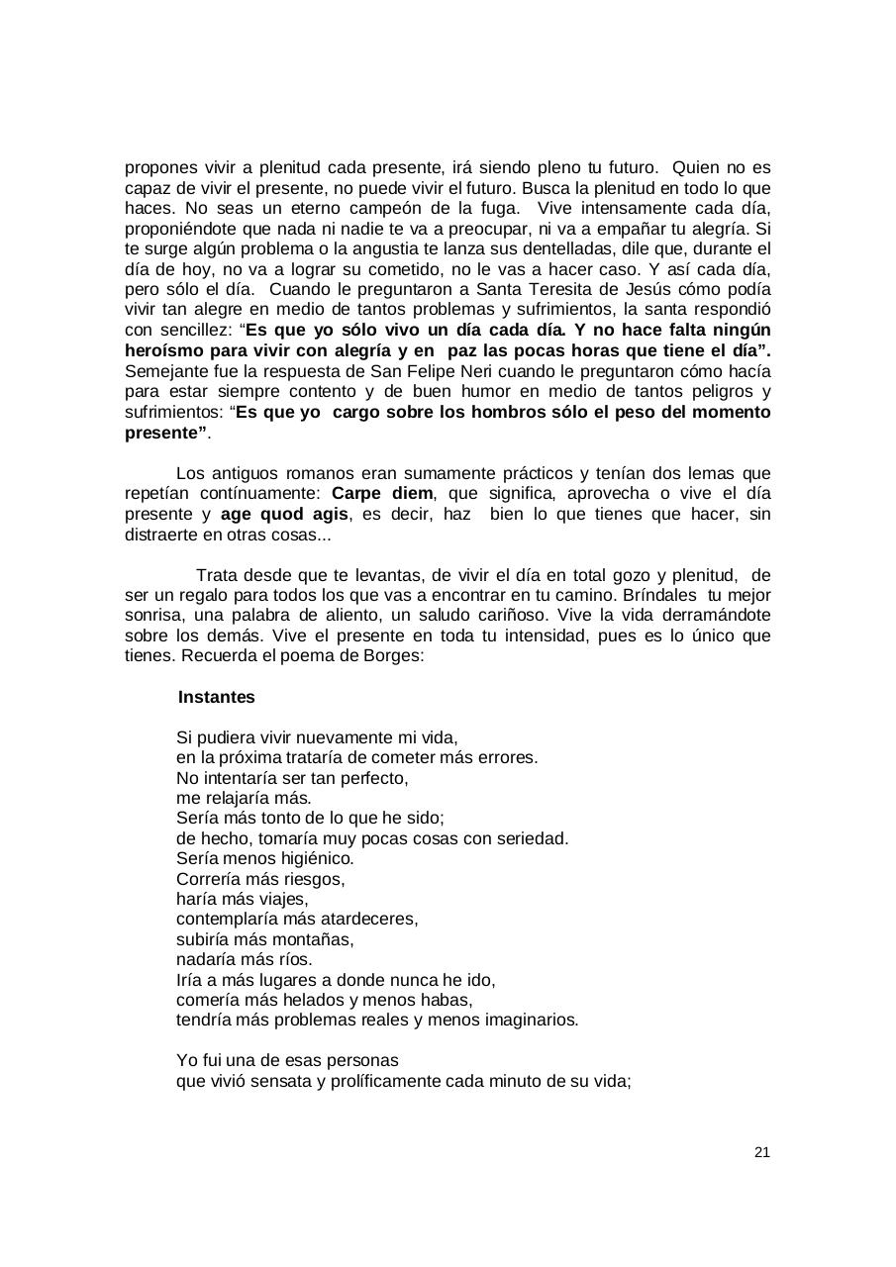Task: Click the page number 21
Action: click(x=761, y=1152)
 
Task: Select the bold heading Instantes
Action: click(x=216, y=697)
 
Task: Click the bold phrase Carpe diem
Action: click(x=382, y=493)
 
